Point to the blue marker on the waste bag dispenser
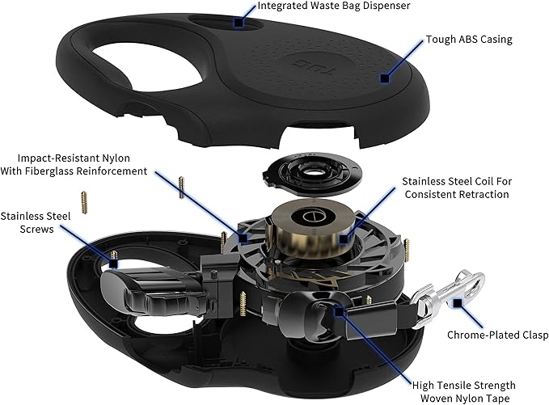[239, 23]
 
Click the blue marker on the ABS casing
[385, 78]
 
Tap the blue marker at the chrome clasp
[458, 303]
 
